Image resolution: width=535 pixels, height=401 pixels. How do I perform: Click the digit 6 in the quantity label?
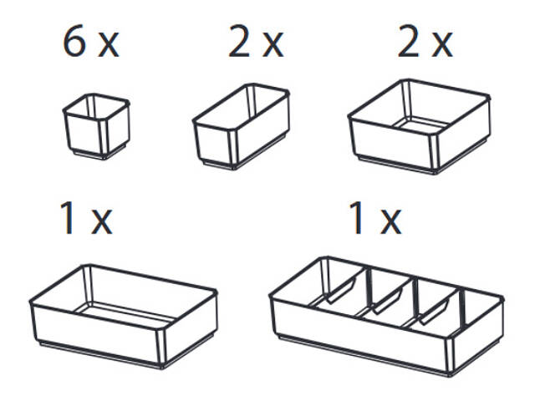click(74, 43)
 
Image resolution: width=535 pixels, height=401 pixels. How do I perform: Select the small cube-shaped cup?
click(96, 126)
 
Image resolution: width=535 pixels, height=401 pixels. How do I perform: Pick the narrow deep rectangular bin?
click(242, 126)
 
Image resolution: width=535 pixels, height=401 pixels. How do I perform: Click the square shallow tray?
click(419, 126)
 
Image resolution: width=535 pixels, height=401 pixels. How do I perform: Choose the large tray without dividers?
click(123, 316)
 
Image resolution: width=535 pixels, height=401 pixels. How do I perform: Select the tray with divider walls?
click(386, 316)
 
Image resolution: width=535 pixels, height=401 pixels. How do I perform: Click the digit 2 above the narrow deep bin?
click(240, 43)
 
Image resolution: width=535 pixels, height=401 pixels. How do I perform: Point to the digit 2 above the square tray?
click(409, 43)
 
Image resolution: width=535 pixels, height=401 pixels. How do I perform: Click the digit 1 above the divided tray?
click(357, 217)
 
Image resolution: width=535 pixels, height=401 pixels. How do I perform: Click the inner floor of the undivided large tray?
click(125, 312)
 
